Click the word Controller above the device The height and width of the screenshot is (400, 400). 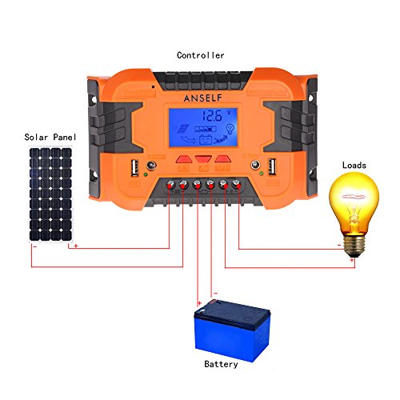(x=200, y=55)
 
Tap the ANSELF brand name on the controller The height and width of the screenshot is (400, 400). (x=202, y=98)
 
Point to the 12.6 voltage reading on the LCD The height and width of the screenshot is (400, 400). (x=212, y=115)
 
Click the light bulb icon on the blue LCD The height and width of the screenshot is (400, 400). (x=230, y=129)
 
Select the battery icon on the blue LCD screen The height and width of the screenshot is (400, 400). (x=206, y=139)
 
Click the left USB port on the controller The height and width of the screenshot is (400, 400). (x=135, y=168)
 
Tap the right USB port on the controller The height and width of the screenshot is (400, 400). (x=272, y=166)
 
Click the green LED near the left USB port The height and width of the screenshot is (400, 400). (x=146, y=174)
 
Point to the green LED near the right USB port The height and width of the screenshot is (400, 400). (x=262, y=174)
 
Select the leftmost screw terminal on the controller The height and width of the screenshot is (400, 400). (x=170, y=184)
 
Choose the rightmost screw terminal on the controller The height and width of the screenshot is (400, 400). (x=236, y=183)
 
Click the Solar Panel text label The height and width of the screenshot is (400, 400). (x=50, y=137)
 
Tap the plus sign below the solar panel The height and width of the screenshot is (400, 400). (x=76, y=246)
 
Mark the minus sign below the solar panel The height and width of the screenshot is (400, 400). (x=35, y=246)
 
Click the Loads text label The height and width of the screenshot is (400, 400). (x=354, y=165)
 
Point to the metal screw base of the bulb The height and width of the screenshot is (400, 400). (x=354, y=246)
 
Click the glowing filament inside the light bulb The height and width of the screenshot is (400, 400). (x=354, y=197)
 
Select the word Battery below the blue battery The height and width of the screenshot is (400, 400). (x=221, y=364)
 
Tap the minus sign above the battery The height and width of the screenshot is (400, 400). (x=216, y=294)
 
